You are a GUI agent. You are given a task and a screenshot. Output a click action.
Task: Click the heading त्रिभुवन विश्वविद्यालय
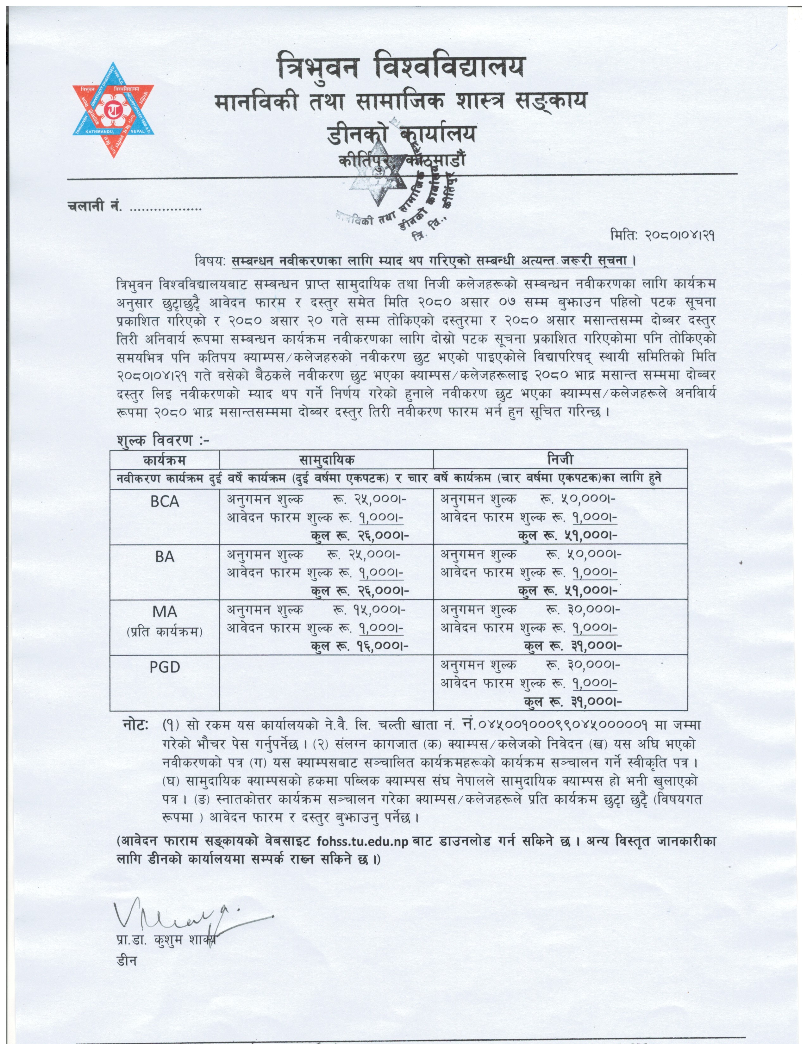[401, 67]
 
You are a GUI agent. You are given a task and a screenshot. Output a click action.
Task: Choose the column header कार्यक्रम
[165, 460]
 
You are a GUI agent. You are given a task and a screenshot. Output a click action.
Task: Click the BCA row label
[165, 501]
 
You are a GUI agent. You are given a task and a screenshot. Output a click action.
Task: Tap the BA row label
[165, 556]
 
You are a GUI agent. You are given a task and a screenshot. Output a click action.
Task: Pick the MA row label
[165, 612]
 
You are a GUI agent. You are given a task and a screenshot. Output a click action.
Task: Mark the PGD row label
[165, 667]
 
